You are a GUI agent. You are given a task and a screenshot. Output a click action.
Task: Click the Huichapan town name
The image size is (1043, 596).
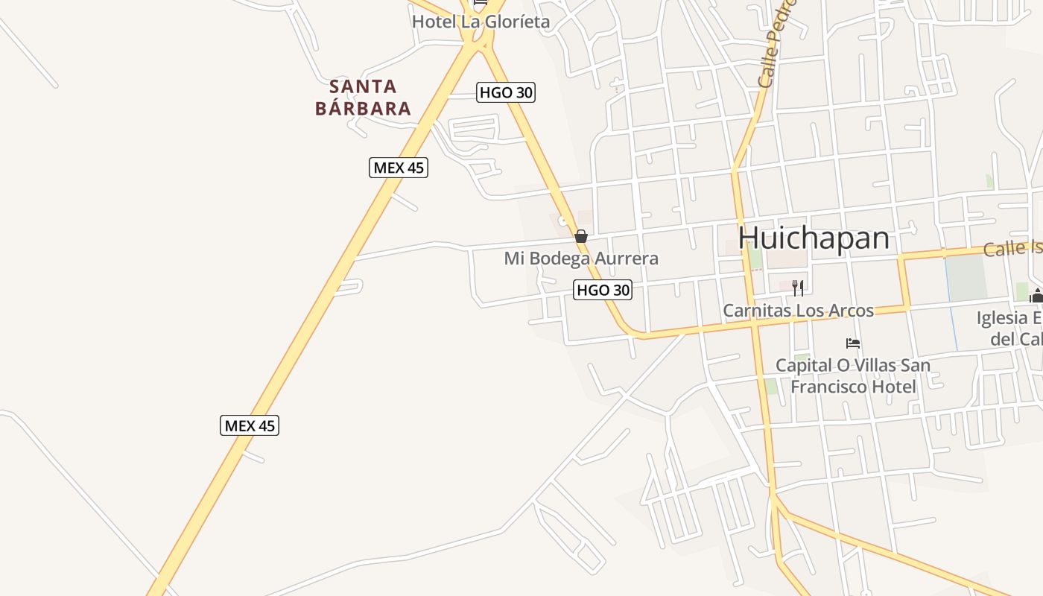[x=814, y=238]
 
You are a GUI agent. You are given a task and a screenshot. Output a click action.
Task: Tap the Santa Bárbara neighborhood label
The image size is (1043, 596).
[x=363, y=98]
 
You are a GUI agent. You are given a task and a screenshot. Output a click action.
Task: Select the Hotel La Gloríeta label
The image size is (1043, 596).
[x=481, y=22]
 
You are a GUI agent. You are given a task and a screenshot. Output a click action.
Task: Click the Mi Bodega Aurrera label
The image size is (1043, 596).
[x=581, y=259]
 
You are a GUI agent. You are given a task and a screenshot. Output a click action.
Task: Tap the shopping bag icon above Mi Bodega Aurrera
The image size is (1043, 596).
[x=581, y=236]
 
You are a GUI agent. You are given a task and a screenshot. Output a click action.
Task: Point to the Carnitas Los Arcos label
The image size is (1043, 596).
[x=798, y=310]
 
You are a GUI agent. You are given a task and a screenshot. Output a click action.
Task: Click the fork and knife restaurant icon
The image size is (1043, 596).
[x=798, y=288]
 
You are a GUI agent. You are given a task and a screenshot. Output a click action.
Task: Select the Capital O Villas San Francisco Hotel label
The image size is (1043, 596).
[x=853, y=375]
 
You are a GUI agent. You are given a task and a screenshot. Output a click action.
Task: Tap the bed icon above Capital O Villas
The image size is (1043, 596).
[x=853, y=343]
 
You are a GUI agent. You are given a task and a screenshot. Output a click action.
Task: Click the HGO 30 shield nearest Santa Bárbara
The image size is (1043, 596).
[x=506, y=92]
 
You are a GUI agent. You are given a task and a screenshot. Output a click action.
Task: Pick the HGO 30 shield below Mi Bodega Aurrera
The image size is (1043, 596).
[x=603, y=290]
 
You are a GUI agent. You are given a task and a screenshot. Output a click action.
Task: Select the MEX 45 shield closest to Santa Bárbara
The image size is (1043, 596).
[x=399, y=168]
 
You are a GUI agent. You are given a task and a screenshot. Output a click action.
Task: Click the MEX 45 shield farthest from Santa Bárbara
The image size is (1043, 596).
[x=250, y=425]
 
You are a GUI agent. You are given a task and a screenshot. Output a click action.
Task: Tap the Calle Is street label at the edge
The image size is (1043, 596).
[x=1012, y=248]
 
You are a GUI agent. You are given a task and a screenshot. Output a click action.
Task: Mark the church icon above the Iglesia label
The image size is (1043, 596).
[x=1036, y=296]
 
